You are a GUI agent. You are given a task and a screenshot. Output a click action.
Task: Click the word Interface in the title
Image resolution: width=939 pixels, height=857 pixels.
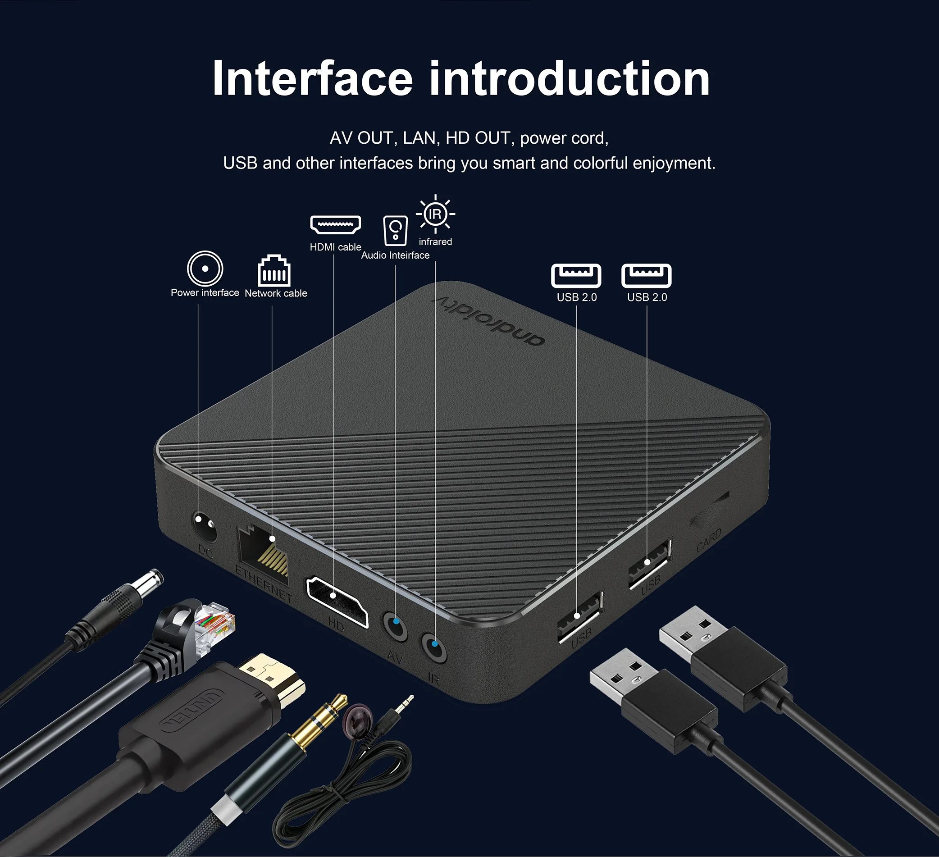coord(312,79)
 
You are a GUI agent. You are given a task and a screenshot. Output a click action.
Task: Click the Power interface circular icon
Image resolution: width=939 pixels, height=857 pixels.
coord(205,269)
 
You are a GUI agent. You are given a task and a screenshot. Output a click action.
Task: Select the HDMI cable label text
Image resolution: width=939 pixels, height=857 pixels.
coord(335,247)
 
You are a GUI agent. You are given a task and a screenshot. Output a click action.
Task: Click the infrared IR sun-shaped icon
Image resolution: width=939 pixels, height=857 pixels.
coord(435,214)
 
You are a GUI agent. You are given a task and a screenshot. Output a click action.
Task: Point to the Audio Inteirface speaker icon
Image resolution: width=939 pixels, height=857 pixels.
coord(395,230)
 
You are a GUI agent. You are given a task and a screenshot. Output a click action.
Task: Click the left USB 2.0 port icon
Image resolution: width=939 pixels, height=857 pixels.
coord(576,275)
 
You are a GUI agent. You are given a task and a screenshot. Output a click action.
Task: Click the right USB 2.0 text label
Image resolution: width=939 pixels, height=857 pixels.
coord(647,297)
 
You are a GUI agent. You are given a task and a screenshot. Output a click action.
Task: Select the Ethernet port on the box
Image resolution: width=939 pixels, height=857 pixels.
coord(264,554)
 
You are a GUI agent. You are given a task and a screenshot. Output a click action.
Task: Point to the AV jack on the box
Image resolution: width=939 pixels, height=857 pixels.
coord(395,626)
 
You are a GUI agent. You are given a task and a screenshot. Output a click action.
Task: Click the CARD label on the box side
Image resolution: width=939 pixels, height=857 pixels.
coord(709,540)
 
